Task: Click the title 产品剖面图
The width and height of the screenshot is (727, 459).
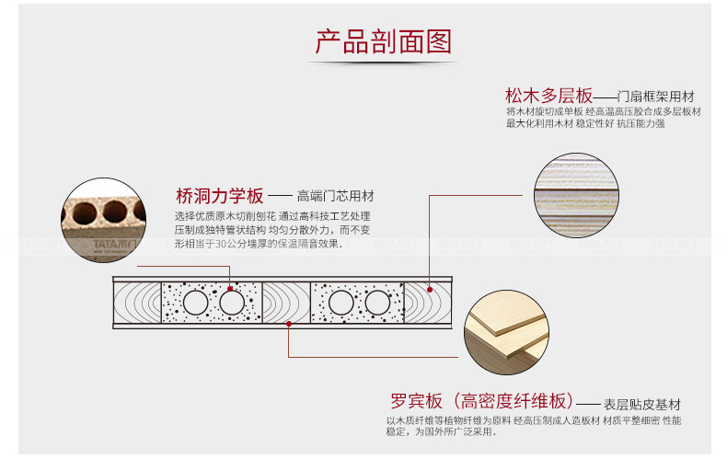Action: [385, 41]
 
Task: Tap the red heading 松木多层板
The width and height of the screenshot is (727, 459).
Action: [548, 96]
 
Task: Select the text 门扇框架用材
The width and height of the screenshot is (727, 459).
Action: [655, 97]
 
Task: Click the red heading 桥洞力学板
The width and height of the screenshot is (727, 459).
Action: [220, 196]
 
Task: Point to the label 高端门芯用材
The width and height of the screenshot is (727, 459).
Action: [335, 197]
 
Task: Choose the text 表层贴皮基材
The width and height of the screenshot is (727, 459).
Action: [642, 404]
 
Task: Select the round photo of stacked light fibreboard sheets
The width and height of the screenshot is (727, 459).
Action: [505, 333]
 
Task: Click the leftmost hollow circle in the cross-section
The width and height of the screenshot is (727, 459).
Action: [195, 303]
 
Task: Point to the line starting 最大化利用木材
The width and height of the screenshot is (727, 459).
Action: [584, 123]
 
